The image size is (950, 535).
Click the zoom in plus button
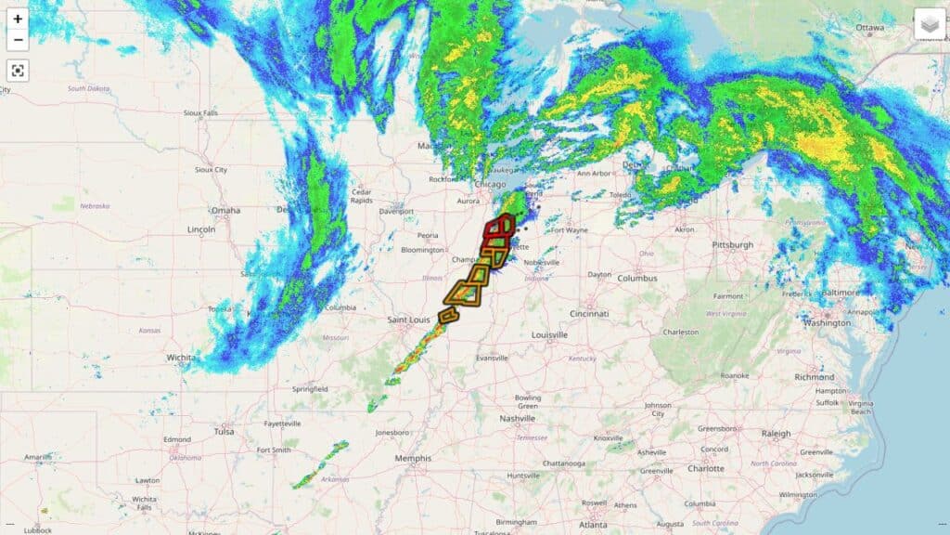pyautogui.click(x=18, y=19)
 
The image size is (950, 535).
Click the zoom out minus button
pyautogui.click(x=18, y=40)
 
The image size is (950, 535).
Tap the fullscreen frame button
pyautogui.click(x=18, y=70)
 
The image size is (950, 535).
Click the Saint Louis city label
pyautogui.click(x=409, y=320)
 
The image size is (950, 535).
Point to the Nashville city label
pyautogui.click(x=517, y=418)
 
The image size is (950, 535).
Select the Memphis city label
pyautogui.click(x=412, y=458)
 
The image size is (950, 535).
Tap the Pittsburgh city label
pyautogui.click(x=733, y=245)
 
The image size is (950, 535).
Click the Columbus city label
pyautogui.click(x=637, y=278)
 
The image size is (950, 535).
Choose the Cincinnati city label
pyautogui.click(x=590, y=312)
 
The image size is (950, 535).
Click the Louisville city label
pyautogui.click(x=550, y=334)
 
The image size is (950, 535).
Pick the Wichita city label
pyautogui.click(x=181, y=357)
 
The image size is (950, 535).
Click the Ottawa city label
pyautogui.click(x=870, y=28)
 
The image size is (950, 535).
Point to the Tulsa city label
pyautogui.click(x=224, y=431)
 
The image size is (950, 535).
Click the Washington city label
pyautogui.click(x=827, y=323)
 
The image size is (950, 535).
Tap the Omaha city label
pyautogui.click(x=225, y=210)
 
